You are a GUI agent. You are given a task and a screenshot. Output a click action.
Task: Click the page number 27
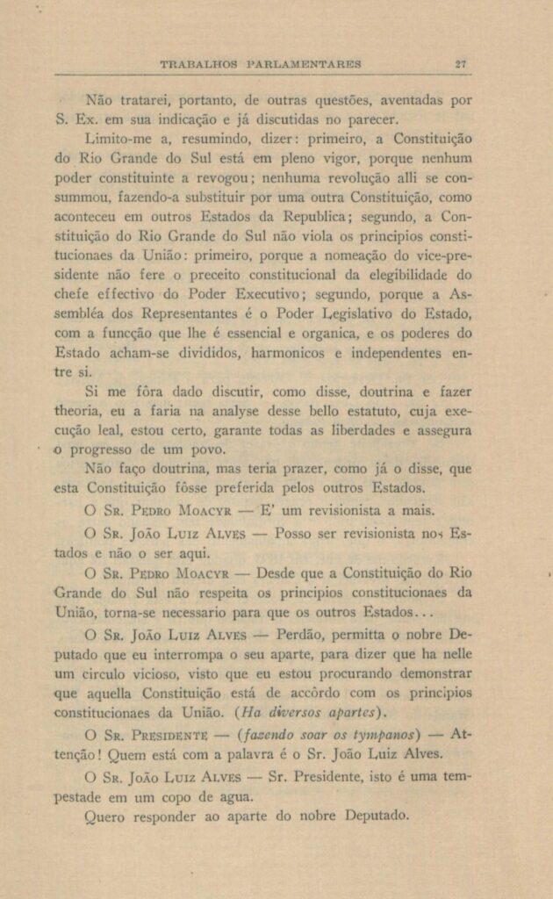[461, 63]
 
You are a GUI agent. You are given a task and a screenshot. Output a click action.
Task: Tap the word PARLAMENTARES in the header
[306, 63]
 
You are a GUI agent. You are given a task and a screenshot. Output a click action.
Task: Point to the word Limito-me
[118, 140]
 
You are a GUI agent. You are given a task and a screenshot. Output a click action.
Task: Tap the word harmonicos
[299, 354]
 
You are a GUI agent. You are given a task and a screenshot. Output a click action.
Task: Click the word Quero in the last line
[105, 815]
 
